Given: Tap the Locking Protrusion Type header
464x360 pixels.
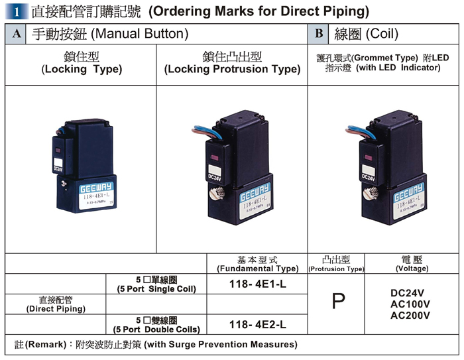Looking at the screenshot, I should pos(232,69).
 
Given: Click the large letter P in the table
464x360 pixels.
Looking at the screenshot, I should pos(338,302).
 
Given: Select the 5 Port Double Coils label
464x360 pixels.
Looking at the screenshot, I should pos(156,324).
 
